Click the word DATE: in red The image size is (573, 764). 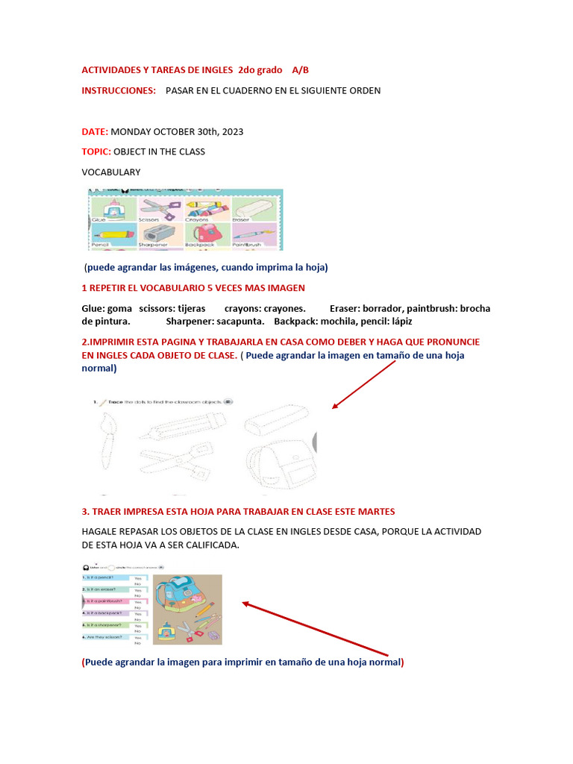tap(95, 132)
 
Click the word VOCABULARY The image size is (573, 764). tap(110, 172)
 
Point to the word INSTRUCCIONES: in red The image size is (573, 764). tap(119, 91)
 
